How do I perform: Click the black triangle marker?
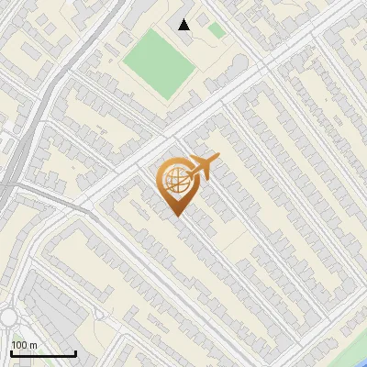tap(184, 24)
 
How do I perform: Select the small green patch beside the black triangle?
tap(217, 30)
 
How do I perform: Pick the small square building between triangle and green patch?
tap(201, 28)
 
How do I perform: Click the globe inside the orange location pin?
tap(173, 180)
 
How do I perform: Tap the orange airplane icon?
tap(205, 167)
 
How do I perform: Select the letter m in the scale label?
tap(33, 345)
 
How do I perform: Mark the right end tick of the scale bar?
tap(75, 353)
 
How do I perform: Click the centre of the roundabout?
tap(9, 317)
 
